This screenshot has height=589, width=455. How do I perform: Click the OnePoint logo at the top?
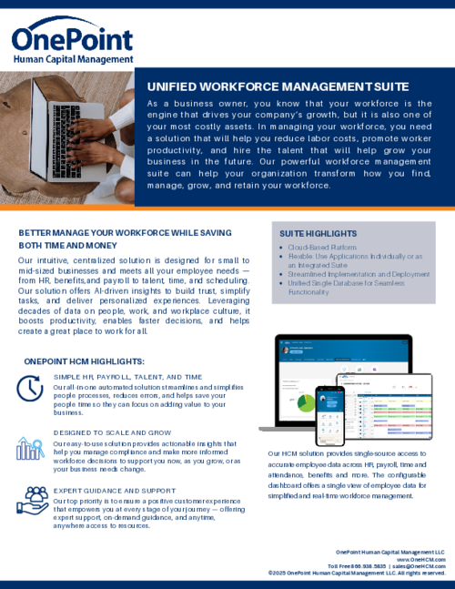(x=70, y=43)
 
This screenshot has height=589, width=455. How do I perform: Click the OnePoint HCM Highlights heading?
(x=84, y=361)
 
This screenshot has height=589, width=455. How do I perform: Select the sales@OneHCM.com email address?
(x=419, y=565)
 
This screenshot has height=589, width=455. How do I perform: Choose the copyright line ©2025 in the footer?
(x=357, y=573)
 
